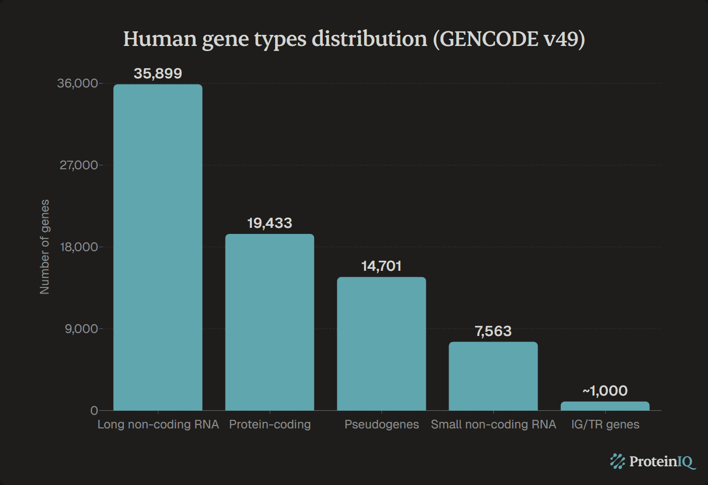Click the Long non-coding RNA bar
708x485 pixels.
click(158, 248)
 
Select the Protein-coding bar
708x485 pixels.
click(270, 322)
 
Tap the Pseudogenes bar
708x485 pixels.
click(381, 344)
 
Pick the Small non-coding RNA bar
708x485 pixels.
click(493, 376)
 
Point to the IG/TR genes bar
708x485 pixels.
click(605, 406)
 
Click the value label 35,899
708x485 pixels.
click(158, 74)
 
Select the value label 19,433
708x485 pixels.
click(270, 223)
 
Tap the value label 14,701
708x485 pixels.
click(381, 266)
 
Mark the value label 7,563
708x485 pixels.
click(493, 331)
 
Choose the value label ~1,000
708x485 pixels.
click(605, 391)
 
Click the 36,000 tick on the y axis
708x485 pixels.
click(77, 83)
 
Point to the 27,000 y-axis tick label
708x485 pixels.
click(78, 165)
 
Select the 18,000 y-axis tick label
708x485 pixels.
click(78, 247)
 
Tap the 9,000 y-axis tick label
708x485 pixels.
click(81, 329)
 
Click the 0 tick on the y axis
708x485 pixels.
click(94, 411)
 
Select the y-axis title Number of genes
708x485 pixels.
click(45, 247)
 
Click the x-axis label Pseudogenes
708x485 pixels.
click(381, 424)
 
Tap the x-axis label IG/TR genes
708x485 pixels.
click(605, 424)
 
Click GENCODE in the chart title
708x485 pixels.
click(489, 39)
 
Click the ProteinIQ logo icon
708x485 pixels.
click(617, 461)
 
